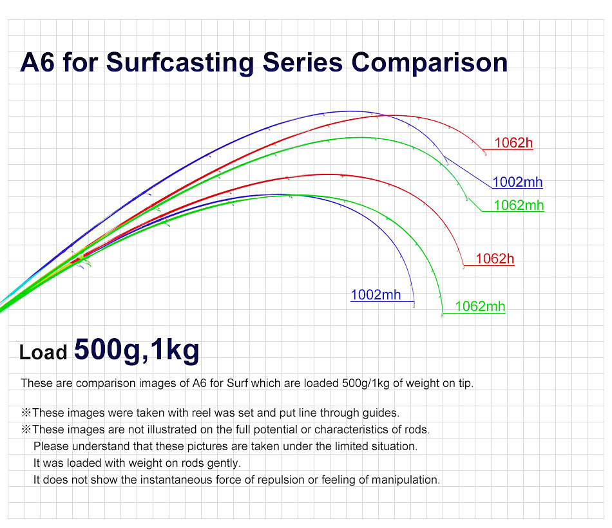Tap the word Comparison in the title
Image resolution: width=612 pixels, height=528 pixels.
(430, 63)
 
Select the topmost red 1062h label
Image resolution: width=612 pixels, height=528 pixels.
(513, 143)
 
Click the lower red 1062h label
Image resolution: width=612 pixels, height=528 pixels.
(495, 259)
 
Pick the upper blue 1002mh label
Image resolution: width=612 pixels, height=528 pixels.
(517, 182)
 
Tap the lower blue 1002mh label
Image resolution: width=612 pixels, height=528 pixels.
(376, 296)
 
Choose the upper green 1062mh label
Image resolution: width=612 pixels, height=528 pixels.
(519, 205)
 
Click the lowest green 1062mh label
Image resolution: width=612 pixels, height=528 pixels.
(480, 306)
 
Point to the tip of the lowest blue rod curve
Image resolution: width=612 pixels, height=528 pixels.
(413, 306)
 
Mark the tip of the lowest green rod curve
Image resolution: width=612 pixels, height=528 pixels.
(442, 315)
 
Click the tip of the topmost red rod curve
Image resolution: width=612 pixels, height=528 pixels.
(485, 153)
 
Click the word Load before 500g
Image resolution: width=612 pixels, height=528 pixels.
(43, 353)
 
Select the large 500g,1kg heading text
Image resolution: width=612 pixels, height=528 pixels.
(137, 350)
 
